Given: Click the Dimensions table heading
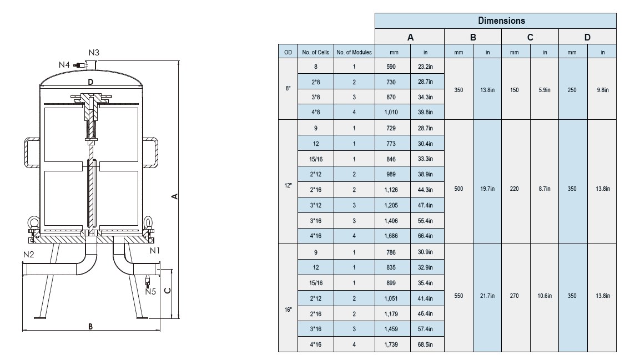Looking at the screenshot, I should [501, 21].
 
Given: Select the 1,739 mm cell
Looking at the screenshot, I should [393, 344].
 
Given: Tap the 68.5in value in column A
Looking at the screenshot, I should [426, 344].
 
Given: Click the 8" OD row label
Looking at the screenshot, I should [288, 89].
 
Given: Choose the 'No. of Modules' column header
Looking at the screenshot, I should [354, 53].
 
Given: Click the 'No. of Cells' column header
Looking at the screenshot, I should [315, 53].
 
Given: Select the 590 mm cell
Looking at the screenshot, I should [393, 66].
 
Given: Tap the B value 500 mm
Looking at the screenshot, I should [458, 189].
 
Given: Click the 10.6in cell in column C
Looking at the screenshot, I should [545, 296].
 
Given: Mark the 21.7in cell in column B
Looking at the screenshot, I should [487, 296].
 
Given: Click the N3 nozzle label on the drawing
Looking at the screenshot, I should [94, 53].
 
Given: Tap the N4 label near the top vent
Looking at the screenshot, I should [64, 65].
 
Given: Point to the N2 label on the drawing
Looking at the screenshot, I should [29, 255].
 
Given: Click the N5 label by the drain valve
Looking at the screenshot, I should [150, 291].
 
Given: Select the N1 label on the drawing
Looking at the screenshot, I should [156, 251].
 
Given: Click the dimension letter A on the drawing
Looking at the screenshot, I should [174, 196].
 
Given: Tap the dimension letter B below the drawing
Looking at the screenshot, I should [90, 326].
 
